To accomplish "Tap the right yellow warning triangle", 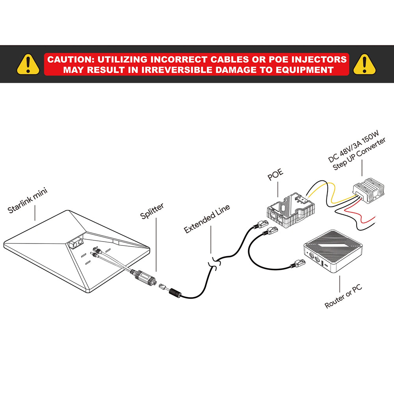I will click(x=364, y=64).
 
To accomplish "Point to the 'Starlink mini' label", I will click(x=28, y=201).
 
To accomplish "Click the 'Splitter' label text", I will click(x=152, y=212).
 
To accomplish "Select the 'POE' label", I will click(x=275, y=176).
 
